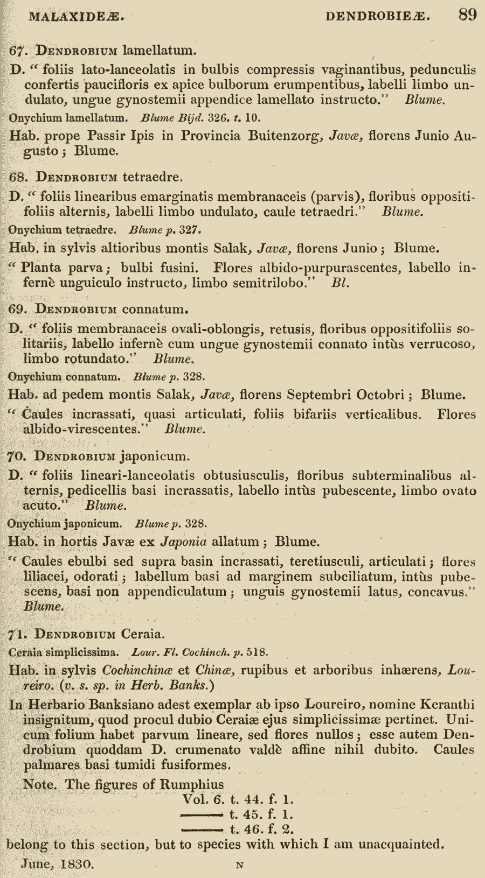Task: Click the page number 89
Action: [x=467, y=15]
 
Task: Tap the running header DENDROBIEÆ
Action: [x=378, y=16]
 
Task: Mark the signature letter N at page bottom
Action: [x=240, y=865]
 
